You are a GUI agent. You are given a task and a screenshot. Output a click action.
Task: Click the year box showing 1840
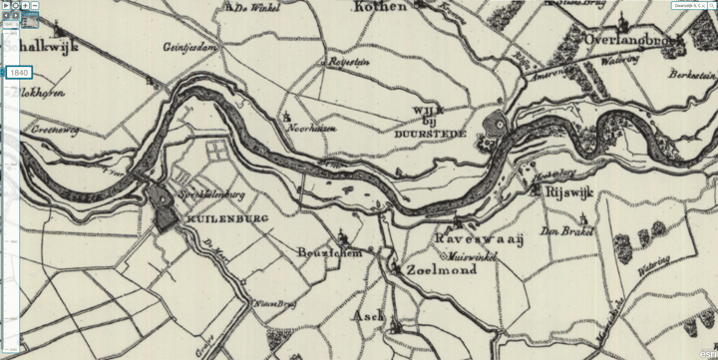coord(18,73)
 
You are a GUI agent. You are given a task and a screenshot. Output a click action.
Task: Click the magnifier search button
coord(15,6)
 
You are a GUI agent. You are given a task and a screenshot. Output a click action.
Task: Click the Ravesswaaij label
coord(470,240)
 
